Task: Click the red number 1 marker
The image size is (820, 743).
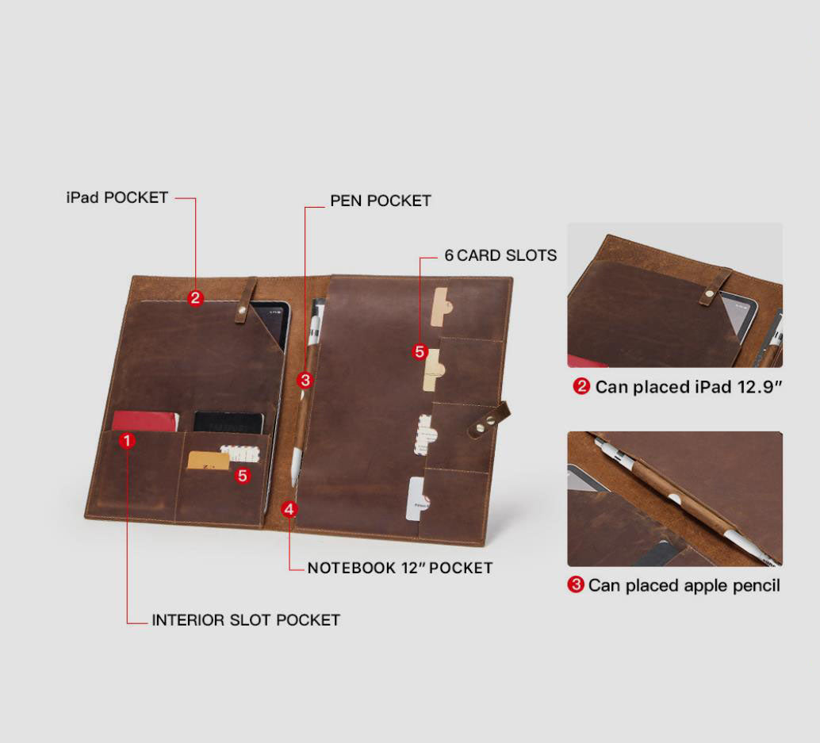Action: coord(127,441)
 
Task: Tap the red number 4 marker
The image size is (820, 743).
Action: coord(289,509)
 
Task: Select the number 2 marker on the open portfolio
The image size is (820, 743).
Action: coord(195,298)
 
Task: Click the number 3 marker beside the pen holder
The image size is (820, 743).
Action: coord(305,380)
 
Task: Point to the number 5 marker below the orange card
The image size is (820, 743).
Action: coord(242,475)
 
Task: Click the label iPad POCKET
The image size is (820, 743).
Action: coord(117,197)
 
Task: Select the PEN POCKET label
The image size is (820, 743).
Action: coord(380,201)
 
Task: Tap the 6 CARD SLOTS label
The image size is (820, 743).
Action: coord(500,255)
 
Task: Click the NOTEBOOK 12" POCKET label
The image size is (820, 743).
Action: coord(400,568)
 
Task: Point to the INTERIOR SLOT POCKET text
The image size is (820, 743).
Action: coord(246,620)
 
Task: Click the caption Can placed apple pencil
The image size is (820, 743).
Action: coord(684,586)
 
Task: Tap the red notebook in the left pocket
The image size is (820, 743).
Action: coord(145,421)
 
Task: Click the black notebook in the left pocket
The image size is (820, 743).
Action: coord(228,423)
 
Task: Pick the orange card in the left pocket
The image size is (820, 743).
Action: coord(208,461)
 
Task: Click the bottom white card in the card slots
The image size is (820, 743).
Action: coord(417,499)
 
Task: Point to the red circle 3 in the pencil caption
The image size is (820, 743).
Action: coord(575,584)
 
